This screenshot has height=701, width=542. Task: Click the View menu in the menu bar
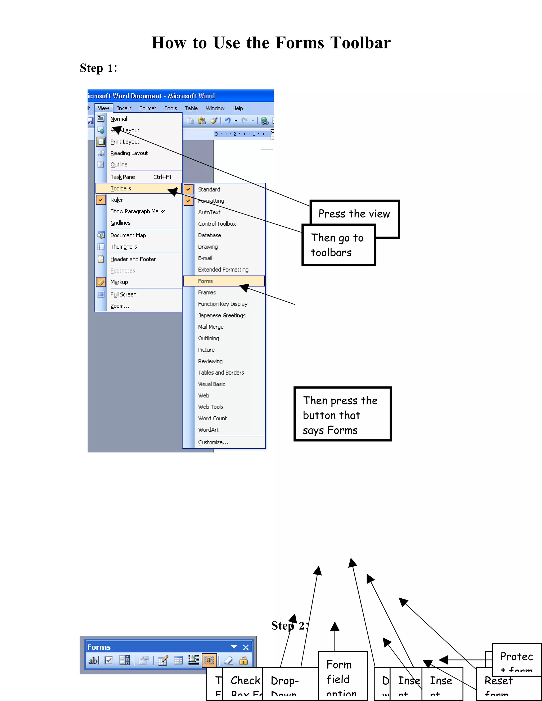(x=103, y=108)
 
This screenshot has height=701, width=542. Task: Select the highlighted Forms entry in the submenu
(x=205, y=281)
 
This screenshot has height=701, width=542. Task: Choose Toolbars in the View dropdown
(x=121, y=189)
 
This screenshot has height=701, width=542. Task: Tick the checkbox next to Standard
(x=188, y=189)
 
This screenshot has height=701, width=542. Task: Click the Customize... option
(x=213, y=442)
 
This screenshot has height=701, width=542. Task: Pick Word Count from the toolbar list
(x=212, y=418)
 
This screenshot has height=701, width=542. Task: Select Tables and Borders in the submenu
(x=221, y=373)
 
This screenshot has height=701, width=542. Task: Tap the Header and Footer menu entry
(x=133, y=259)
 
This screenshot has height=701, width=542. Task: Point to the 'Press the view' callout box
(x=354, y=214)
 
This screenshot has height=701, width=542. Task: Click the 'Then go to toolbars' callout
(x=338, y=245)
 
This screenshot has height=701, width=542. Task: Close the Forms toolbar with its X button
(x=246, y=647)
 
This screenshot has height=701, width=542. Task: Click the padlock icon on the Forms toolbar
(x=243, y=661)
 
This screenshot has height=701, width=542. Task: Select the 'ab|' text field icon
(x=94, y=661)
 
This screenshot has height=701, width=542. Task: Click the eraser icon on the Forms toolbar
(x=228, y=661)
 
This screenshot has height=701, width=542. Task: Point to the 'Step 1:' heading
(x=98, y=68)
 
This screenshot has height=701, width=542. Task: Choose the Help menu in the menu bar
(x=238, y=108)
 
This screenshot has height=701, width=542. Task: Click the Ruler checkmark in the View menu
(x=101, y=200)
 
